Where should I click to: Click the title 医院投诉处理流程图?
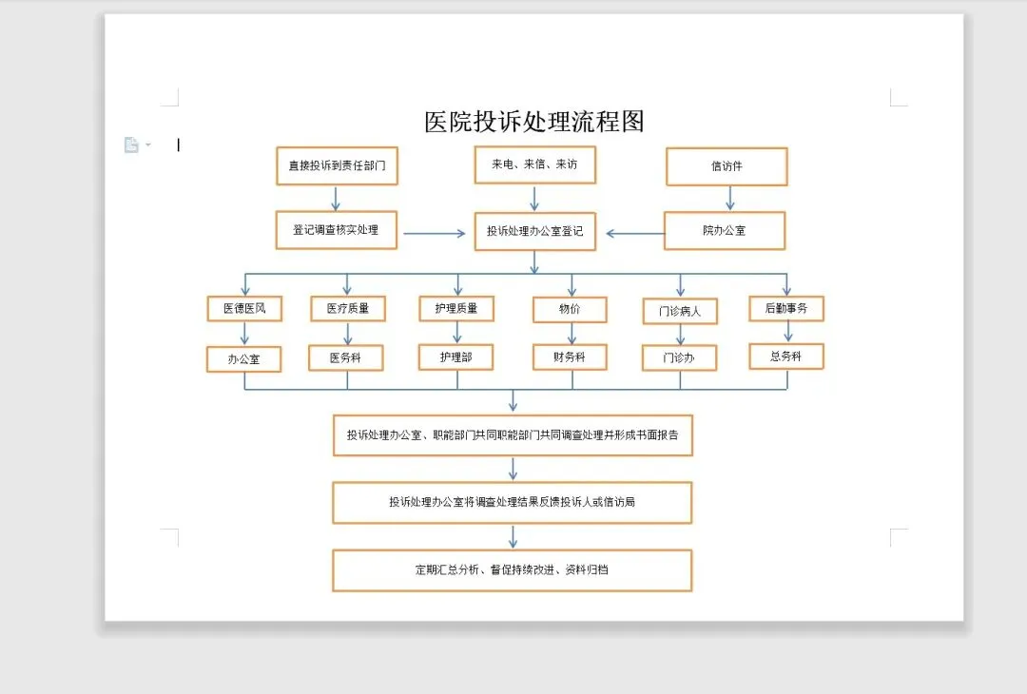pyautogui.click(x=534, y=122)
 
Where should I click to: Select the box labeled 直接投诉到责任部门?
pyautogui.click(x=337, y=165)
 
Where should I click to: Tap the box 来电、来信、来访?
pyautogui.click(x=534, y=164)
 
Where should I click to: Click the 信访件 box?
pyautogui.click(x=727, y=166)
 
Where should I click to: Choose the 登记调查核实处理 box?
pyautogui.click(x=336, y=230)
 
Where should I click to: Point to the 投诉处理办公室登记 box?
pyautogui.click(x=534, y=231)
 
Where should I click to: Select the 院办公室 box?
pyautogui.click(x=725, y=231)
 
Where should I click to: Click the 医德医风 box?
pyautogui.click(x=244, y=309)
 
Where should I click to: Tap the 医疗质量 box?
pyautogui.click(x=347, y=308)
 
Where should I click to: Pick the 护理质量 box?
pyautogui.click(x=456, y=308)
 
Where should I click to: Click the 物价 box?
pyautogui.click(x=570, y=309)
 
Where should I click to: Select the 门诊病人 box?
pyautogui.click(x=679, y=311)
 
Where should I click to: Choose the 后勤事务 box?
pyautogui.click(x=786, y=308)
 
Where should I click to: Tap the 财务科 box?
pyautogui.click(x=570, y=357)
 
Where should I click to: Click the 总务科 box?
pyautogui.click(x=786, y=357)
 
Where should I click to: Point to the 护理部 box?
pyautogui.click(x=456, y=357)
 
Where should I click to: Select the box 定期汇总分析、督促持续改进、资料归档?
pyautogui.click(x=512, y=570)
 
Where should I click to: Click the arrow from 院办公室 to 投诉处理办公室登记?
pyautogui.click(x=634, y=233)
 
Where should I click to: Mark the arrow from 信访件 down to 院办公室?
pyautogui.click(x=729, y=198)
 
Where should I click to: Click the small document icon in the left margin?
pyautogui.click(x=131, y=145)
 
